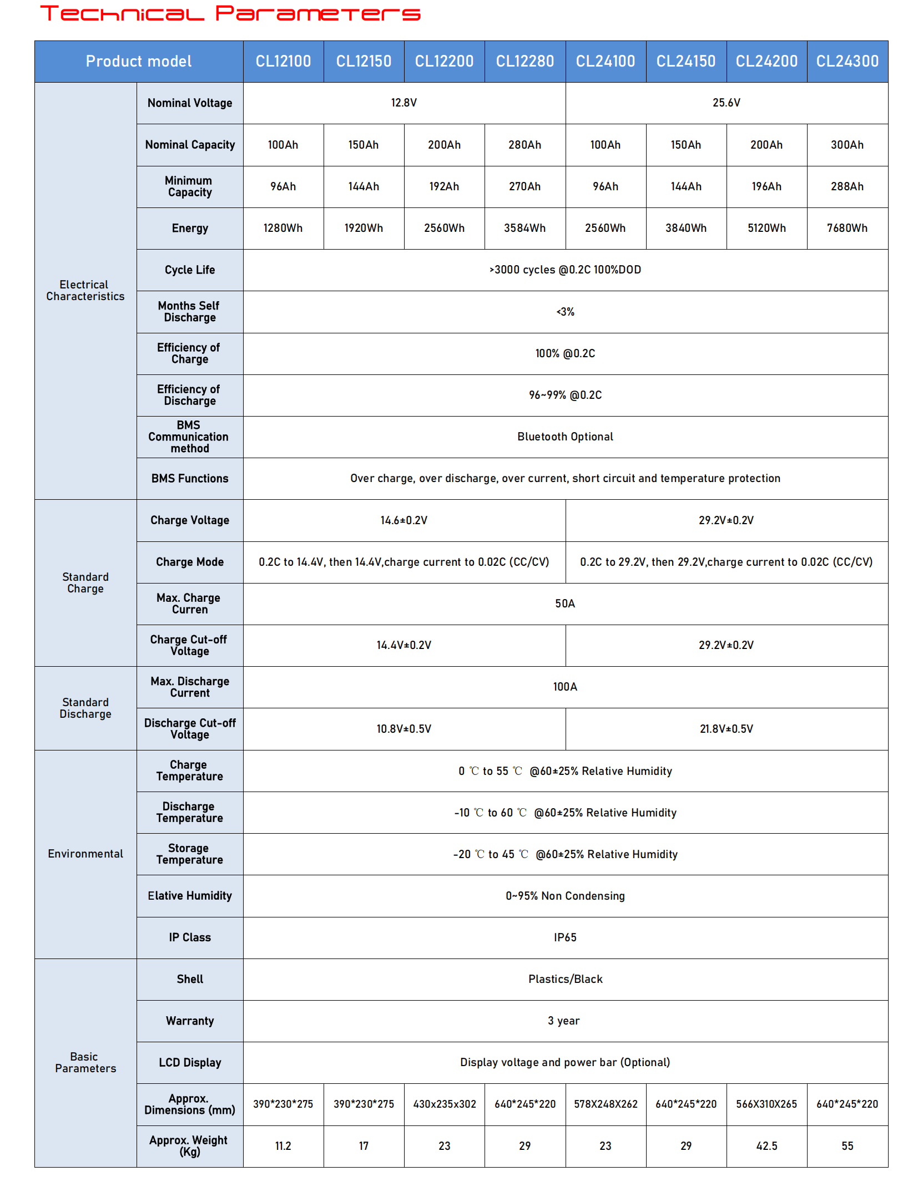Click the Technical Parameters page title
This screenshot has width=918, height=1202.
pos(230,13)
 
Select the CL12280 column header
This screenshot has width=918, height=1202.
pos(524,61)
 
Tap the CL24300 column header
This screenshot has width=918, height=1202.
pos(847,61)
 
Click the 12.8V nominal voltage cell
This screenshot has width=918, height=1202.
pos(403,103)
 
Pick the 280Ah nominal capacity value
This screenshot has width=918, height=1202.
pos(524,145)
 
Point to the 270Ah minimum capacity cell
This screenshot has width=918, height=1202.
pos(524,186)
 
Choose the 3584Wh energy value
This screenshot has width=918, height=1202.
pos(524,228)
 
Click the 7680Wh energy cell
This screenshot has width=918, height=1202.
pos(847,228)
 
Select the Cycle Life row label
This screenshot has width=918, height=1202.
pos(190,270)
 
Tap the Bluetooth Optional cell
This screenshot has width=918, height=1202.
pos(565,437)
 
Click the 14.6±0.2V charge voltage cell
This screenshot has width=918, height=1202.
pos(403,520)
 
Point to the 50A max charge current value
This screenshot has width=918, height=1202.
pos(565,603)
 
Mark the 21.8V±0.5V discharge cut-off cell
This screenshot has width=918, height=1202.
pos(726,729)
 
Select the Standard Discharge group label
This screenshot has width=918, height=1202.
pos(85,708)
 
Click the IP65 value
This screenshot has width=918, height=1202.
pos(565,937)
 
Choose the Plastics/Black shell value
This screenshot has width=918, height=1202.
pos(565,979)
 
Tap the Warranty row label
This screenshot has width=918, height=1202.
pos(190,1021)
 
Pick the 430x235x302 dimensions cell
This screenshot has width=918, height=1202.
pos(444,1104)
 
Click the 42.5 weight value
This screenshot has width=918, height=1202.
pos(766,1146)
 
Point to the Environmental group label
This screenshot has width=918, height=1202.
pos(85,854)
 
